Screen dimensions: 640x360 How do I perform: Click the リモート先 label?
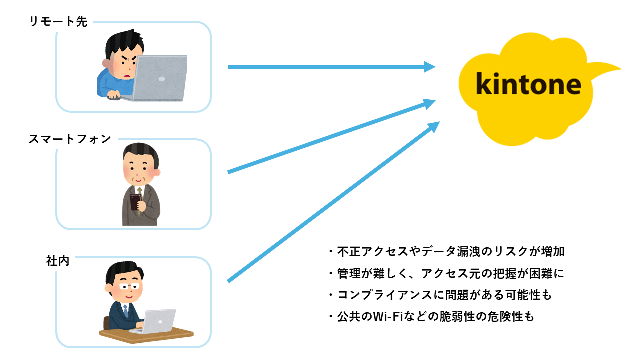tap(58, 21)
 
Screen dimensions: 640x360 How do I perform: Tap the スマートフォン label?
tap(70, 139)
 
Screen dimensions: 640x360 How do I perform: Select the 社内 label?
tap(58, 261)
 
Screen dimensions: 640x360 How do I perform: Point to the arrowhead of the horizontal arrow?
tap(429, 67)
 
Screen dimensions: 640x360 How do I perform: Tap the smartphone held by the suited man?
tap(135, 202)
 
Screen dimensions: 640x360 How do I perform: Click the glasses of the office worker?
tap(129, 286)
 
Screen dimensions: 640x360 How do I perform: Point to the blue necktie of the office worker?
tap(125, 311)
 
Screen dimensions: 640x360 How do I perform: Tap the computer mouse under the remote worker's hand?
tap(113, 97)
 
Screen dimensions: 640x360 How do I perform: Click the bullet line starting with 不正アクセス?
tap(447, 251)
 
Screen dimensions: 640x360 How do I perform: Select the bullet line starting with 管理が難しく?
tap(447, 273)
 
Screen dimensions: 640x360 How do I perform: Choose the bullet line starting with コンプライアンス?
tap(441, 295)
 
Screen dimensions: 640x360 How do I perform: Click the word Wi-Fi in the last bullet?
tap(387, 316)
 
